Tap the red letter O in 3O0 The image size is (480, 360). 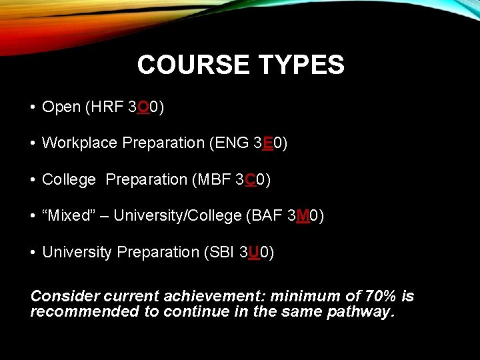[x=143, y=107]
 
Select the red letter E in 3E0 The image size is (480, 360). [x=267, y=143]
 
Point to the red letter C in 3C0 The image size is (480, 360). [x=251, y=179]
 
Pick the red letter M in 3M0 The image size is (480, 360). [x=303, y=216]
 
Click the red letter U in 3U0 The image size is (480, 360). [x=254, y=252]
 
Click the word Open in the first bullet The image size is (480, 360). [x=61, y=107]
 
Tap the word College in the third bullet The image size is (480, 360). [x=68, y=179]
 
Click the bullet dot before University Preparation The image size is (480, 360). [x=33, y=253]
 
